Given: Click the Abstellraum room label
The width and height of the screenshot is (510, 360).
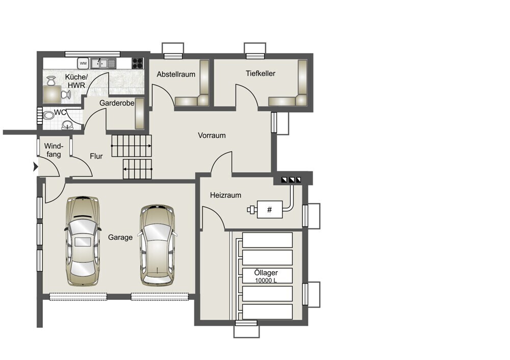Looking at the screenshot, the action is pyautogui.click(x=176, y=74).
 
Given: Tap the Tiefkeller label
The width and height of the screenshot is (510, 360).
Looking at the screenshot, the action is pyautogui.click(x=261, y=73).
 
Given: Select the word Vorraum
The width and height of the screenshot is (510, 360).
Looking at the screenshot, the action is pyautogui.click(x=212, y=135).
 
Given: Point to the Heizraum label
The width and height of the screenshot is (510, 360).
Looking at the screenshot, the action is pyautogui.click(x=225, y=195).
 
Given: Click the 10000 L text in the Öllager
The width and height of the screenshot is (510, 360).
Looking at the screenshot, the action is pyautogui.click(x=266, y=280).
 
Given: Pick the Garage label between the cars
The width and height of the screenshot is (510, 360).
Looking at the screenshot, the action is pyautogui.click(x=120, y=238).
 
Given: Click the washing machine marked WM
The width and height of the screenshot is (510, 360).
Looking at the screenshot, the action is pyautogui.click(x=83, y=63).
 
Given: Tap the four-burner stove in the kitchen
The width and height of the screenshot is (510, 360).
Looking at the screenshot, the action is pyautogui.click(x=138, y=63).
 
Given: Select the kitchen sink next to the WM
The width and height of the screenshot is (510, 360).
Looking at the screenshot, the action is pyautogui.click(x=103, y=63).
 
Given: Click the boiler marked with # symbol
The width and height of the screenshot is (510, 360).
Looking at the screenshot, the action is pyautogui.click(x=270, y=210).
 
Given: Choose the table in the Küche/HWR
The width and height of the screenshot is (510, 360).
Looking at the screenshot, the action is pyautogui.click(x=52, y=94).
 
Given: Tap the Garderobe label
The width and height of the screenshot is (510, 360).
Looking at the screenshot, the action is pyautogui.click(x=117, y=103).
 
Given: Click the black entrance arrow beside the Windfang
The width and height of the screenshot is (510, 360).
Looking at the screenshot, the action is pyautogui.click(x=36, y=167).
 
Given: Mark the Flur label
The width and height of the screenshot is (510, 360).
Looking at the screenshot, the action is pyautogui.click(x=96, y=157).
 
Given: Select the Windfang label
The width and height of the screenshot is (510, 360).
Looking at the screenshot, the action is pyautogui.click(x=54, y=150).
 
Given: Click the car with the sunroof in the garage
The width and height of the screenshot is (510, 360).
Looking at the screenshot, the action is pyautogui.click(x=83, y=241).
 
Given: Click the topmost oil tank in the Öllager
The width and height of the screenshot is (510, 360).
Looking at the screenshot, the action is pyautogui.click(x=267, y=240).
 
